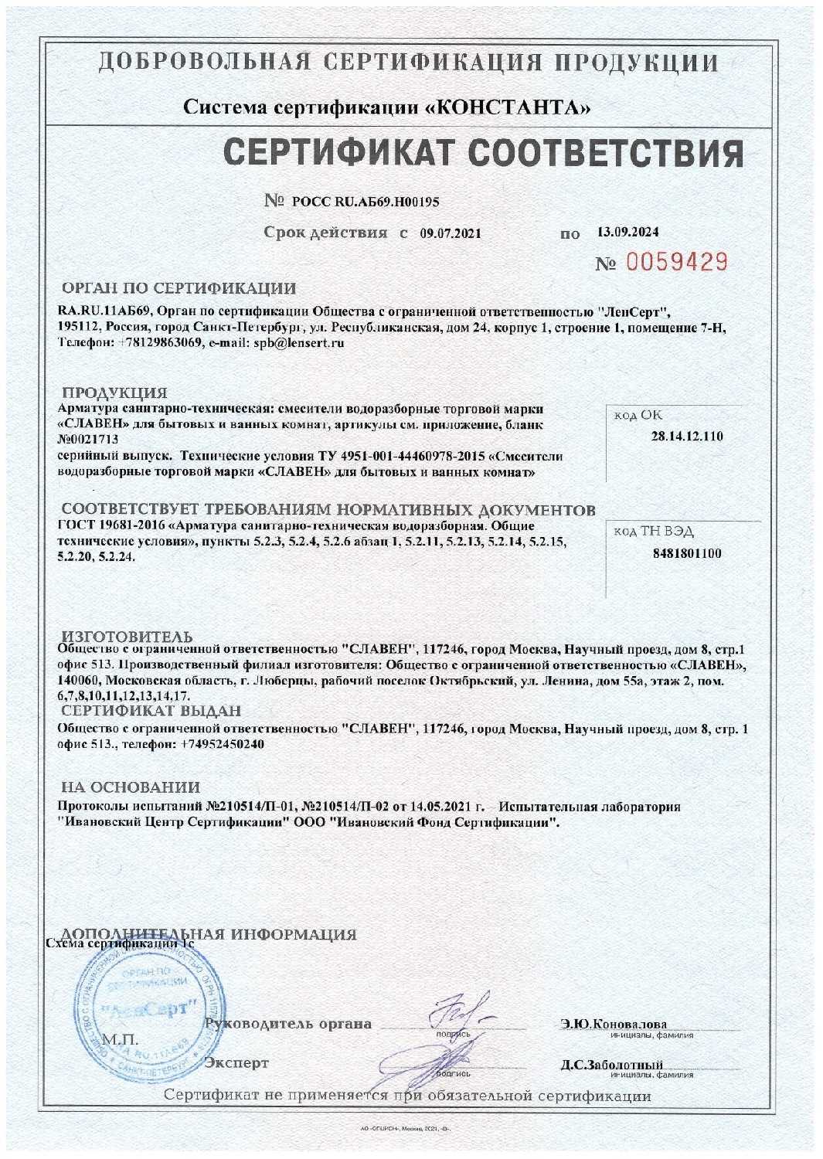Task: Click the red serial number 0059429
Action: pyautogui.click(x=676, y=263)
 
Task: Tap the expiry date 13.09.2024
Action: pyautogui.click(x=628, y=232)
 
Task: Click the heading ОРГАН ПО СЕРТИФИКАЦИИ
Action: pyautogui.click(x=179, y=289)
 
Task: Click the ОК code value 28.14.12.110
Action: pyautogui.click(x=687, y=437)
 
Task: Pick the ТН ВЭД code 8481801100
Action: pyautogui.click(x=687, y=553)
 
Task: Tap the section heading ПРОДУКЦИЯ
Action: pyautogui.click(x=114, y=393)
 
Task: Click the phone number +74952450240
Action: pyautogui.click(x=223, y=744)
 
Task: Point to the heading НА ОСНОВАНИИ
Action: pyautogui.click(x=131, y=787)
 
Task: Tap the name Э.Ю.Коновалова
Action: pyautogui.click(x=614, y=1024)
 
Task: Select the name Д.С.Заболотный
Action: pyautogui.click(x=612, y=1065)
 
